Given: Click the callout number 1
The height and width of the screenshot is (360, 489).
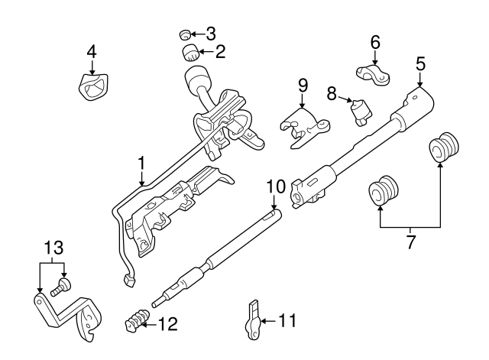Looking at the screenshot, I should [141, 163].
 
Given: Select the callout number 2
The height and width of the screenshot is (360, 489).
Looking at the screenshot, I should [221, 52].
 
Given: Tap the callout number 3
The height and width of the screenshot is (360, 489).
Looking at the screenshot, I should [210, 34].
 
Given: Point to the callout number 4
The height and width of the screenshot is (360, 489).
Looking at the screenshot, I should [92, 52].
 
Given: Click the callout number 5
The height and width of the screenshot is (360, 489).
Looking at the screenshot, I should [420, 63].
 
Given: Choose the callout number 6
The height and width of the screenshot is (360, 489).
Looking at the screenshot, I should [375, 43].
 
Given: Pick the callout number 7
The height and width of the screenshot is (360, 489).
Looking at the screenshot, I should [411, 242].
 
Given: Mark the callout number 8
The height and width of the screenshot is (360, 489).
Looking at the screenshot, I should [332, 93].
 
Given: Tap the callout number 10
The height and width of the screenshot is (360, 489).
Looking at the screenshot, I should [275, 186].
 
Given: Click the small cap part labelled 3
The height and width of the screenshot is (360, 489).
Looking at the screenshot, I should [184, 34].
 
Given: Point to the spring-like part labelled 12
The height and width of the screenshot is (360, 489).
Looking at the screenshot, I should [135, 319].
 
